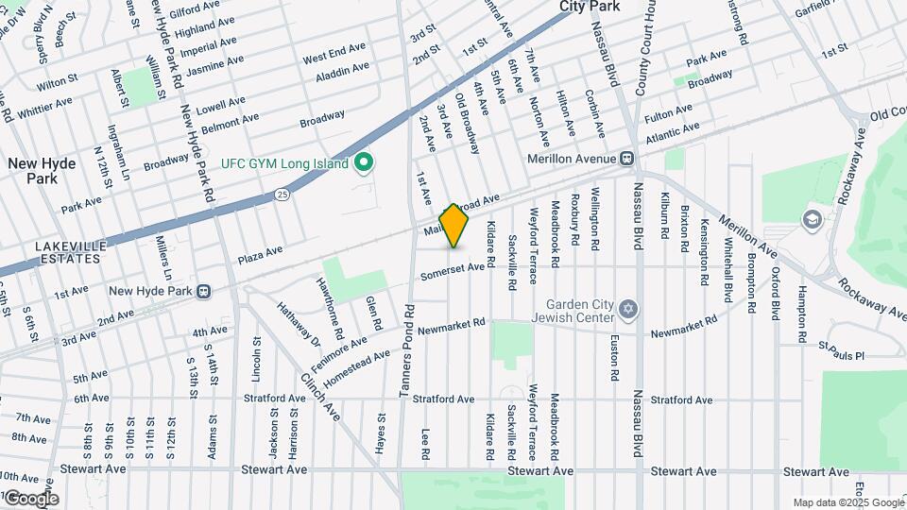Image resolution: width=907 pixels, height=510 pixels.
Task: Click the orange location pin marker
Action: (x=454, y=226)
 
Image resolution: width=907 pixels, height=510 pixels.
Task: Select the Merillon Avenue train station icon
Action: (x=625, y=159)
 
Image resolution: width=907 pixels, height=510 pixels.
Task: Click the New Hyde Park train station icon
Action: (x=202, y=291)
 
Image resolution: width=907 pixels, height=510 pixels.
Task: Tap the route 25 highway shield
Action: (x=282, y=194)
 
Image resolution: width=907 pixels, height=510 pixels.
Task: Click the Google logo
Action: (x=30, y=498)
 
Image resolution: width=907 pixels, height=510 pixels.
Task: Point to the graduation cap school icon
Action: (x=811, y=220)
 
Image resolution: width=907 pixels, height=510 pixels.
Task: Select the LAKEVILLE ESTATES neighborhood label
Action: (x=68, y=251)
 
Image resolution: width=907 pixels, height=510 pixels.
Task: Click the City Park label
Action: (x=590, y=7)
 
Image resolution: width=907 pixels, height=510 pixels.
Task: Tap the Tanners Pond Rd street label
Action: (x=407, y=349)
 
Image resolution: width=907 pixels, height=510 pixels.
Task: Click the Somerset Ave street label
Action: (x=453, y=271)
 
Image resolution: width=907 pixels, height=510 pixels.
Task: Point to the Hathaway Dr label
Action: (x=299, y=322)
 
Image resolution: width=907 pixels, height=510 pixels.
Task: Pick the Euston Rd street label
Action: (x=615, y=355)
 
